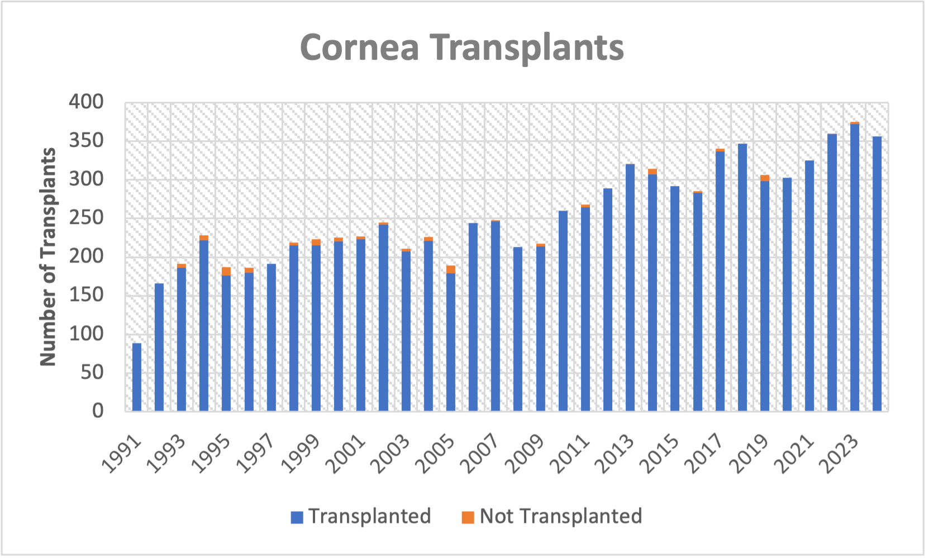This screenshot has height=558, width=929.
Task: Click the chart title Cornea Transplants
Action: (461, 47)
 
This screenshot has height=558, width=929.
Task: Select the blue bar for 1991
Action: (137, 377)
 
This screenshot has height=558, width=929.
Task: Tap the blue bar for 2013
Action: (630, 288)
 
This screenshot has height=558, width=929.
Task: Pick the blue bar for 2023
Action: (854, 268)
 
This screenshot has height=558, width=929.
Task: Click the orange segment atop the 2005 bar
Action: (451, 269)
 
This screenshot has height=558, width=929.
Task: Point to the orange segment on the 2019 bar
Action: (765, 178)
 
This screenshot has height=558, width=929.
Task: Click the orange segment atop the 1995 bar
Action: (226, 271)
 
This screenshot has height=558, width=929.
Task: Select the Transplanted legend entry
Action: (361, 516)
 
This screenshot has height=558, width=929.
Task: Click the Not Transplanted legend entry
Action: (552, 516)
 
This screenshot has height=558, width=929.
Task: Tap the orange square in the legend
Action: (468, 517)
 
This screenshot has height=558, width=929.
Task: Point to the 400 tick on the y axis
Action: (86, 102)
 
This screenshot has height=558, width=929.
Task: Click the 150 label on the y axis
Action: (86, 294)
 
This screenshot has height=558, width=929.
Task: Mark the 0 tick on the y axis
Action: (98, 411)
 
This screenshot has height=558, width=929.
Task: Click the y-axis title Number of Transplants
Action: (49, 257)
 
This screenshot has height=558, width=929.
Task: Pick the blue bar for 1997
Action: (271, 338)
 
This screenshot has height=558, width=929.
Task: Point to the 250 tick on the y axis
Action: (86, 217)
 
